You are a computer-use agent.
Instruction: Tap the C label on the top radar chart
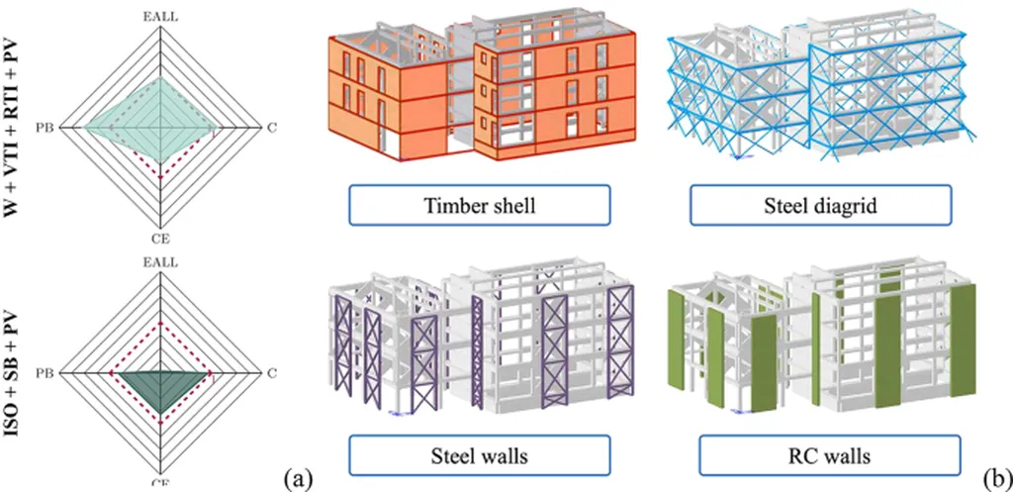pos(272,127)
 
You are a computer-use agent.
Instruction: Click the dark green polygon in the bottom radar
pos(158,381)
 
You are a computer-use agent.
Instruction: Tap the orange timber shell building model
pos(475,94)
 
